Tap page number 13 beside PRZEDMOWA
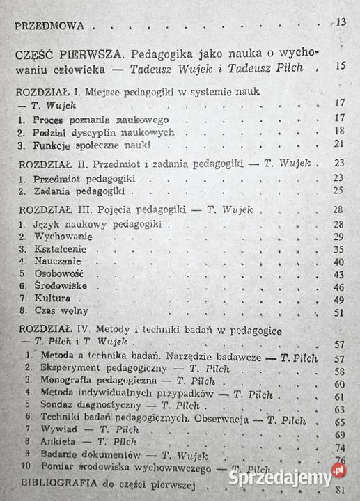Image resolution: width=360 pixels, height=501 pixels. point(341,22)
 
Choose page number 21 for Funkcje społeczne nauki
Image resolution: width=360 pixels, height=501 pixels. point(340,143)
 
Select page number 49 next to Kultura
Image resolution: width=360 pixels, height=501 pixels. point(339,299)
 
